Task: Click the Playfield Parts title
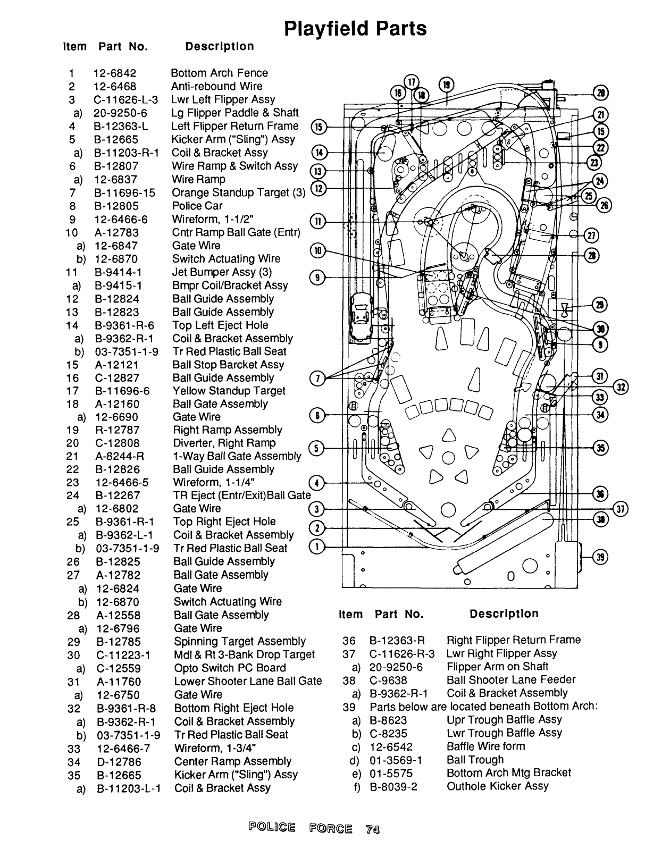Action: coord(355,29)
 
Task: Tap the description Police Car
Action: coord(197,206)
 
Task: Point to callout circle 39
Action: coord(600,557)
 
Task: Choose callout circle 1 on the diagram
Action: coord(316,547)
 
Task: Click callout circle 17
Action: coord(412,82)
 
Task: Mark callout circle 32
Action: coord(621,388)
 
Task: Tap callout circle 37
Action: coord(621,509)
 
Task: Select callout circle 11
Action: coord(318,222)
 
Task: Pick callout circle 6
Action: coord(317,415)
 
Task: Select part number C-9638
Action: coord(388,680)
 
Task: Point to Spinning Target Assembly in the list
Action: coord(240,641)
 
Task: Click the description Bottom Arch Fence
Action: coord(220,73)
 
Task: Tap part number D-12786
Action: coord(119,762)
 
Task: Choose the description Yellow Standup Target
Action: coord(229,391)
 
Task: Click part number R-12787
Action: coord(118,430)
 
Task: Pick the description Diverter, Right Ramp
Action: coord(224,443)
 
